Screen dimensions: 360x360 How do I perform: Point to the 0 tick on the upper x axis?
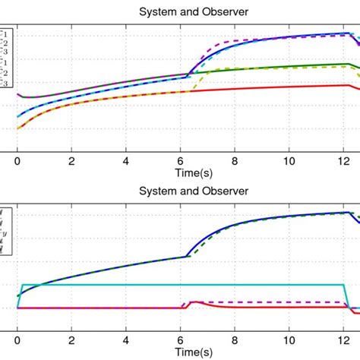[17, 161]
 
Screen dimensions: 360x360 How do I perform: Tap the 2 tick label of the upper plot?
[72, 161]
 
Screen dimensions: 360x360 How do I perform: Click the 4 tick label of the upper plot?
[126, 161]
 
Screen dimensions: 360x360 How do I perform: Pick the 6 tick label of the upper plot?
[181, 161]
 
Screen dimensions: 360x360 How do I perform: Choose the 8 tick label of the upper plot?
[235, 161]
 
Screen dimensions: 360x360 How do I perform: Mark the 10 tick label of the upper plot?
[289, 161]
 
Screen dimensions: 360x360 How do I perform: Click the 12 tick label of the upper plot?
[343, 161]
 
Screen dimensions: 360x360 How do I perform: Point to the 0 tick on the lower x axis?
[17, 340]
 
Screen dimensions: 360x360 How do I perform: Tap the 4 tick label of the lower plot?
[126, 340]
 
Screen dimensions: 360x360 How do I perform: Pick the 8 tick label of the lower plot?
[235, 340]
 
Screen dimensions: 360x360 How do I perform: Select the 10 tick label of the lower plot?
[289, 340]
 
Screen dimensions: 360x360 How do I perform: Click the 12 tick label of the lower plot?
[343, 340]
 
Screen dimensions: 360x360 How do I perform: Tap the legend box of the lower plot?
[5, 228]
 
